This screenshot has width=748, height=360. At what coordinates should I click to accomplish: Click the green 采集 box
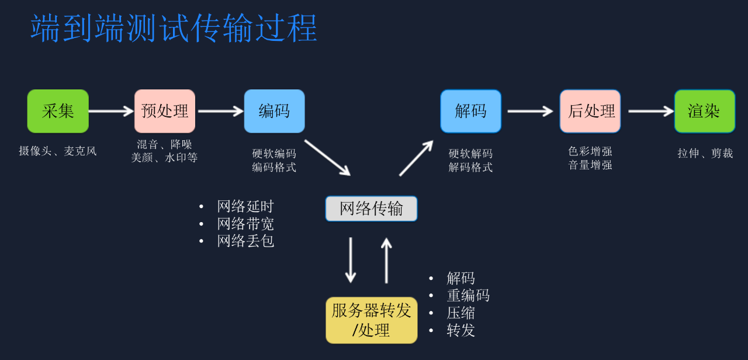[58, 111]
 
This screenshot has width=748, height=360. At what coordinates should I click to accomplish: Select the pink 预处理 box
[165, 111]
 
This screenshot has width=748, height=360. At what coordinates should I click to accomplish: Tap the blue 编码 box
[274, 111]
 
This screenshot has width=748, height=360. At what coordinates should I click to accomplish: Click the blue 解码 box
[470, 111]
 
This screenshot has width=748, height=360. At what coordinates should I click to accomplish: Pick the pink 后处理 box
[590, 111]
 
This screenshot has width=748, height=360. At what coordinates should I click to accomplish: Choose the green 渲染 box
[704, 111]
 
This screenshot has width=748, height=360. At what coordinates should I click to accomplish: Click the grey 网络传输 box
[371, 209]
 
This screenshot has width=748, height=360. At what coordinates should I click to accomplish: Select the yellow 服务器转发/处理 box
[371, 320]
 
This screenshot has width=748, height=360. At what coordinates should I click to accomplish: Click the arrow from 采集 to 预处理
[111, 111]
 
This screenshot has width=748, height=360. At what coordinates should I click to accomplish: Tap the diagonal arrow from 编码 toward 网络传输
[327, 157]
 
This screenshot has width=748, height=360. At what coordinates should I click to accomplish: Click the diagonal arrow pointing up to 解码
[416, 158]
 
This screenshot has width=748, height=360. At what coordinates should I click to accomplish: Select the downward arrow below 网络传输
[351, 259]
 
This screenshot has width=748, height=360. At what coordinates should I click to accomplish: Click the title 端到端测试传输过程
[174, 28]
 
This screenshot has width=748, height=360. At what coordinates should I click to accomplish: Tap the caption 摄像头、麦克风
[58, 151]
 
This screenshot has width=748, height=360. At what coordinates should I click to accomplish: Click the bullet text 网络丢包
[245, 241]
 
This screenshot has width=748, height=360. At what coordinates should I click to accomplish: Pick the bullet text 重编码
[468, 296]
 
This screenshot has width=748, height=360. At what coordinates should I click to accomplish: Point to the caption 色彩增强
[590, 151]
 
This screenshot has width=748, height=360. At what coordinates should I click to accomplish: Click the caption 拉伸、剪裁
[705, 153]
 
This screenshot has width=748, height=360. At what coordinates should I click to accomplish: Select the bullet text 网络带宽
[245, 224]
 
